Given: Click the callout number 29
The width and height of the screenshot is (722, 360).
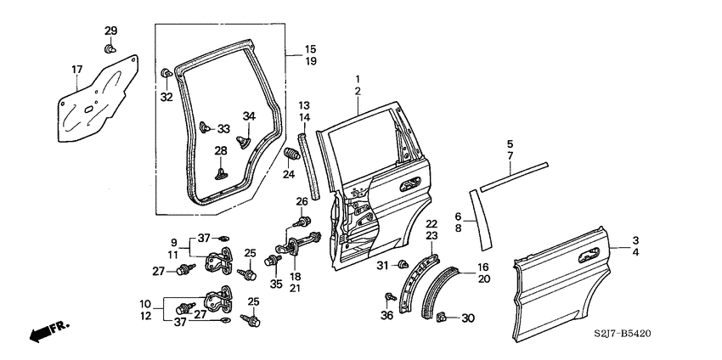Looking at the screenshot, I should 110,31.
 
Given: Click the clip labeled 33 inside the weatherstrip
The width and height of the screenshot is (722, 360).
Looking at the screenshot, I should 205,127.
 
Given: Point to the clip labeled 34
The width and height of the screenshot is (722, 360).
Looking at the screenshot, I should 245,133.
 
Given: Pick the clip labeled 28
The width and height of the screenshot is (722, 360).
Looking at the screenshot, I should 220,172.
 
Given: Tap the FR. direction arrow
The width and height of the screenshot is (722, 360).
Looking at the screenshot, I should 48,331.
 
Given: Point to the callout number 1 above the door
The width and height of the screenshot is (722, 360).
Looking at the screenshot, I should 358,78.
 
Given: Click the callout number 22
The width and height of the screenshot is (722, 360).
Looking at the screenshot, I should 431,224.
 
